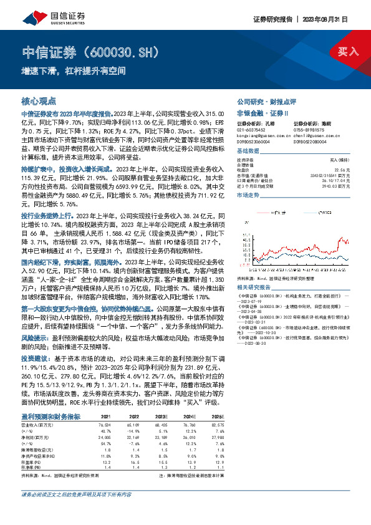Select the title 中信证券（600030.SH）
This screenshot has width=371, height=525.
coord(87,51)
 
